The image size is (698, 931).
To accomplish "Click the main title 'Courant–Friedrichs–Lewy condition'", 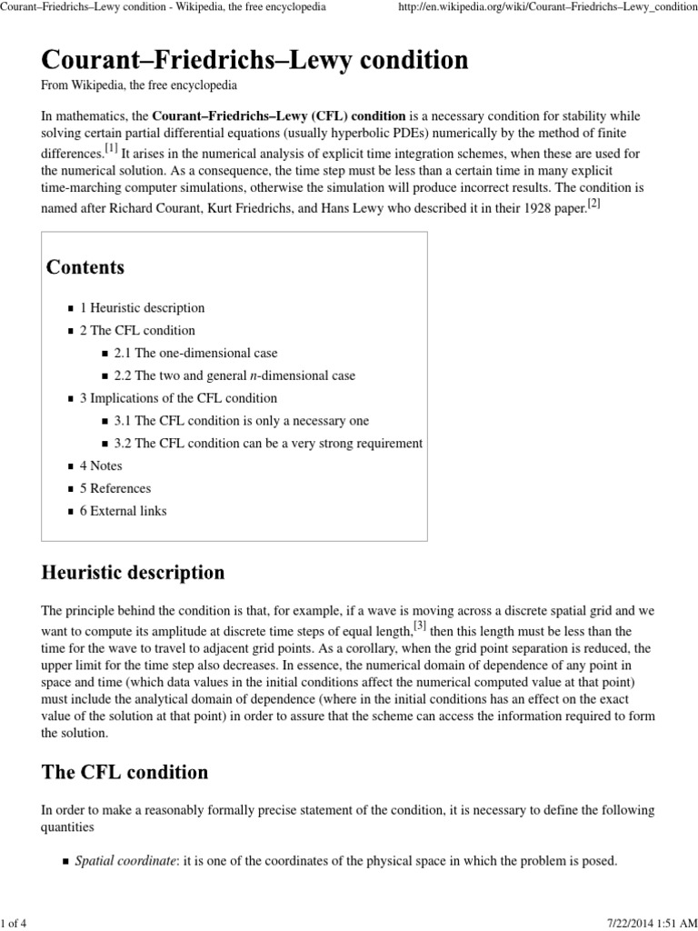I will pyautogui.click(x=254, y=61).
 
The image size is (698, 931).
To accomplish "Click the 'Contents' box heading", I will pyautogui.click(x=85, y=267).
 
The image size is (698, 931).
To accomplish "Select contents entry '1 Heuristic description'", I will pyautogui.click(x=143, y=308).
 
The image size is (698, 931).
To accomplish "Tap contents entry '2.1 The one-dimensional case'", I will pyautogui.click(x=196, y=353).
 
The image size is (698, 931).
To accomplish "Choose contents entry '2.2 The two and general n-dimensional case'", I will pyautogui.click(x=234, y=375).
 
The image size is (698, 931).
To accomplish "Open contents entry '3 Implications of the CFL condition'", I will pyautogui.click(x=179, y=398).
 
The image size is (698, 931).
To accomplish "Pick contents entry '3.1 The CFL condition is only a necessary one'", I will pyautogui.click(x=242, y=421).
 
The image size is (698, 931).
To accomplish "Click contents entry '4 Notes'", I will pyautogui.click(x=101, y=465).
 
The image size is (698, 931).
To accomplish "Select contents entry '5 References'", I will pyautogui.click(x=115, y=488).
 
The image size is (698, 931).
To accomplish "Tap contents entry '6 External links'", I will pyautogui.click(x=124, y=511).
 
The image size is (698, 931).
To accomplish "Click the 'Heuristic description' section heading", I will pyautogui.click(x=134, y=573).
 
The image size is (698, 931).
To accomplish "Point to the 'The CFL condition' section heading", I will pyautogui.click(x=125, y=773).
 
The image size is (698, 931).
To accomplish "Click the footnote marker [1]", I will pyautogui.click(x=111, y=147).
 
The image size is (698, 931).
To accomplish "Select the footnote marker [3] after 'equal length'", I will pyautogui.click(x=420, y=626).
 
